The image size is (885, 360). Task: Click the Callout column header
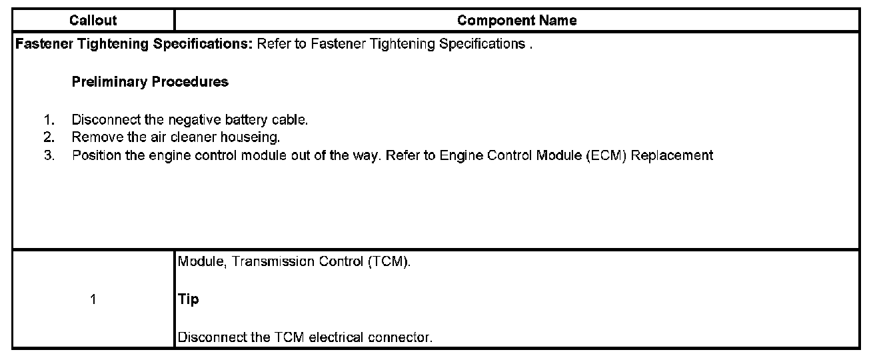click(x=93, y=21)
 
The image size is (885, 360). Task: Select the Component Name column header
click(x=516, y=21)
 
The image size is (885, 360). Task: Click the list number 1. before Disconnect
click(x=48, y=121)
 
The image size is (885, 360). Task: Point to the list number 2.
click(x=48, y=138)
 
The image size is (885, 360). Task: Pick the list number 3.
click(x=48, y=155)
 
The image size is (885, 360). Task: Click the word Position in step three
click(x=91, y=155)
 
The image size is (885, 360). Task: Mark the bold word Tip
click(x=188, y=299)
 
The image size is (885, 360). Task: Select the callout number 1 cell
click(x=93, y=299)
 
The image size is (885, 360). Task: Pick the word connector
click(x=406, y=337)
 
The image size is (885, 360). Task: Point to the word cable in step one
click(x=292, y=121)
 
